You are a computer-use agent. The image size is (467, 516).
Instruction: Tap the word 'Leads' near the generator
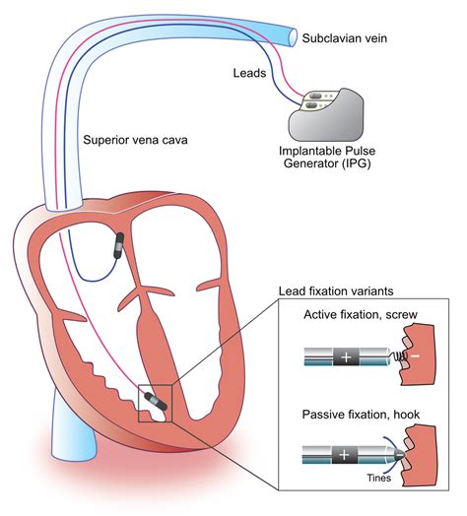coord(253,73)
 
